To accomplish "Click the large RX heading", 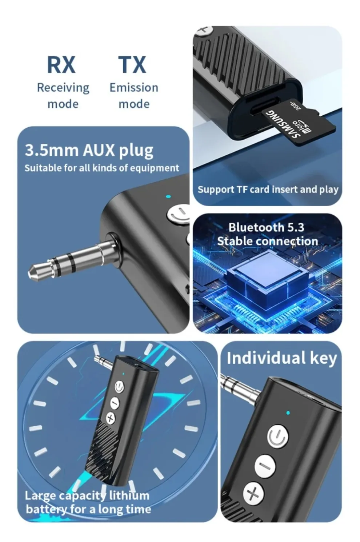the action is pyautogui.click(x=61, y=65).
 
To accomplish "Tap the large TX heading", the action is pyautogui.click(x=132, y=65).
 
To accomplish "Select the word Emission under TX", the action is pyautogui.click(x=134, y=88).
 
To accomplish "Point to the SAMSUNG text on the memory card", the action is pyautogui.click(x=283, y=126).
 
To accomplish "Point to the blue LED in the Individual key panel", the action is pyautogui.click(x=288, y=413).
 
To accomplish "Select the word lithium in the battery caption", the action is pyautogui.click(x=129, y=496).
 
